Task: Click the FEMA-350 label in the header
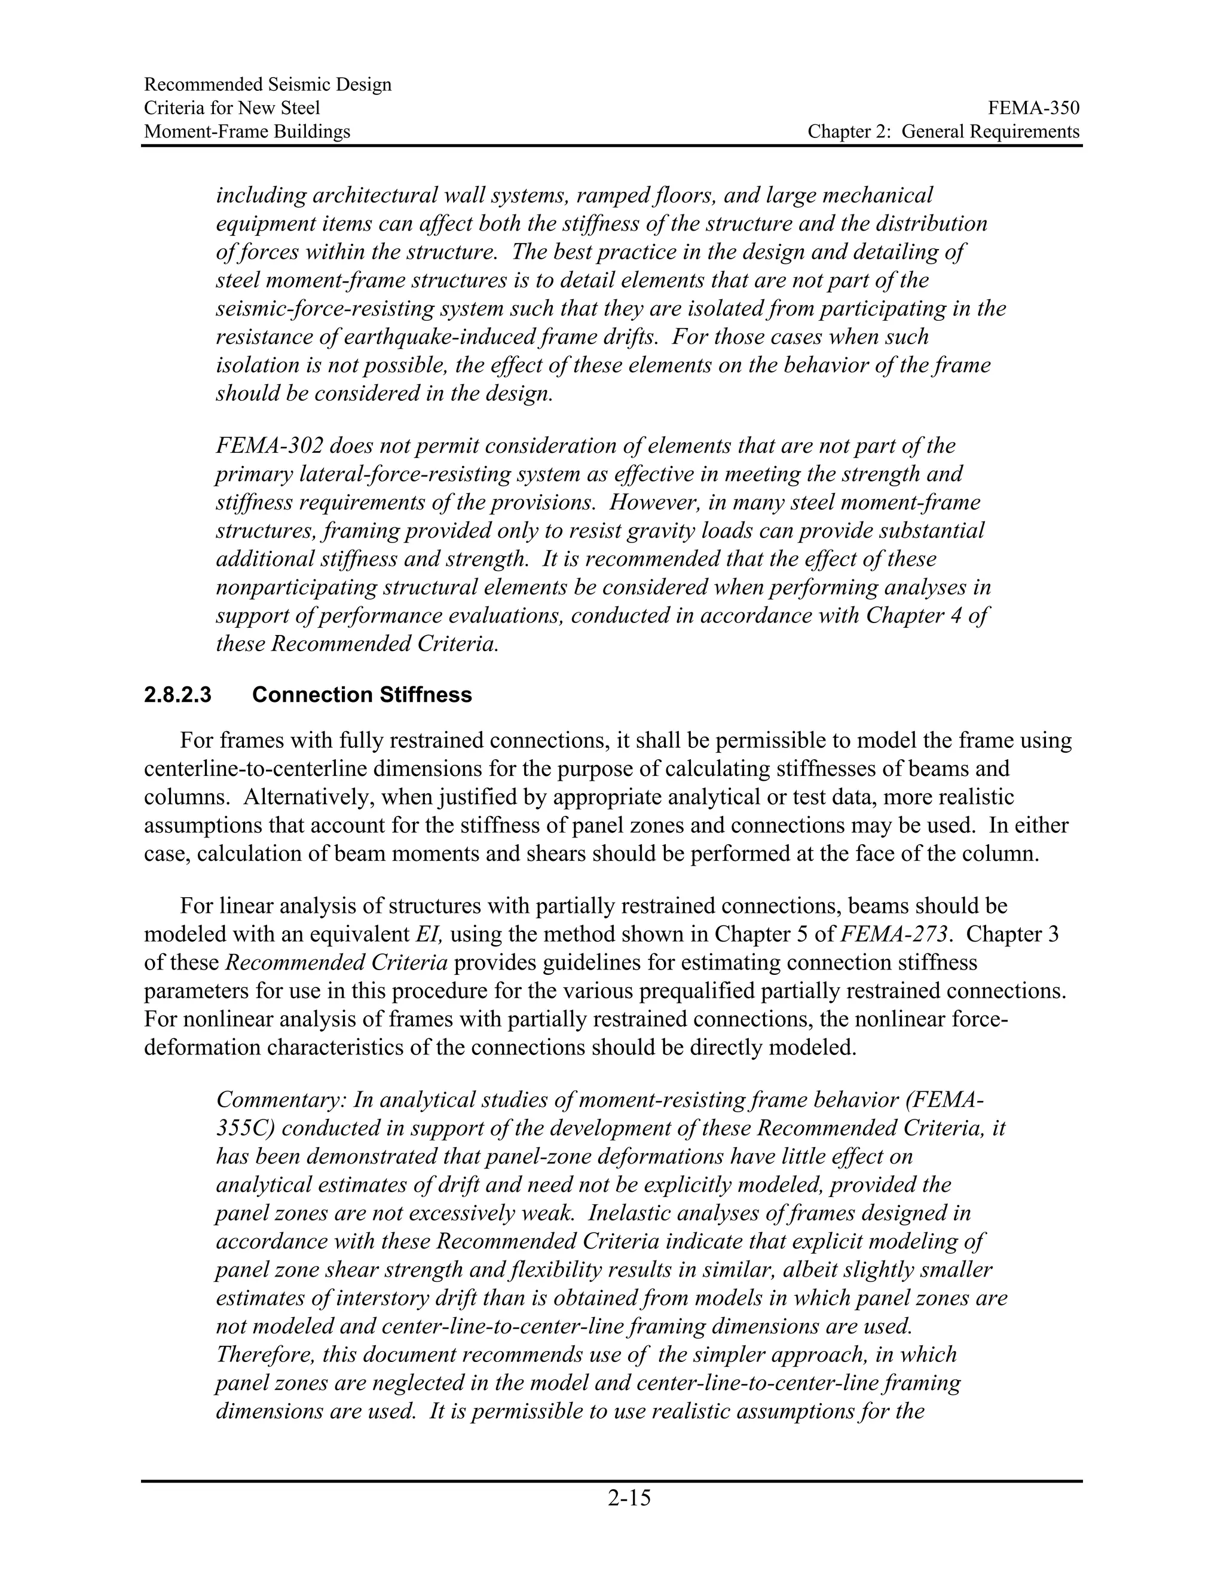(1033, 108)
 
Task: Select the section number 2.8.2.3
(178, 695)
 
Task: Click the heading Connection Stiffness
(362, 695)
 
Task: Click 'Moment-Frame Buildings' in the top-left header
(247, 131)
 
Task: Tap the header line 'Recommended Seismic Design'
(268, 85)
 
